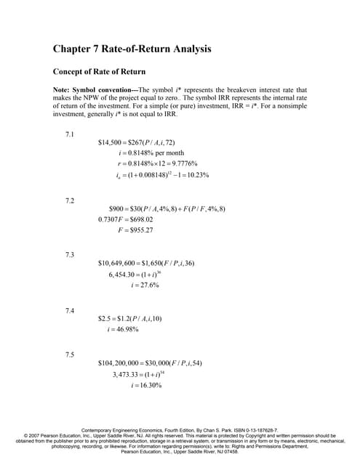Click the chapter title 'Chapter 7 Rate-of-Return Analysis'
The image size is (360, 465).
pos(132,50)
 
